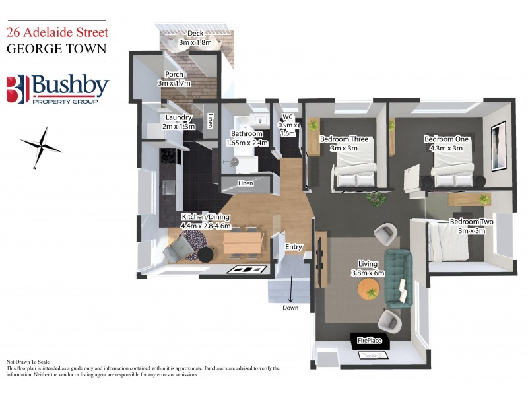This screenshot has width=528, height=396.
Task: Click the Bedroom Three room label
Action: coord(343,139)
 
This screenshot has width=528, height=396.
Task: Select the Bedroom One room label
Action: coord(446,139)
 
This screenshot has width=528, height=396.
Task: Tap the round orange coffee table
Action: coord(370,288)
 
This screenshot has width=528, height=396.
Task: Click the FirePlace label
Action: coord(370,341)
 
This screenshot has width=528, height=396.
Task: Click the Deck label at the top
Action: coord(195,33)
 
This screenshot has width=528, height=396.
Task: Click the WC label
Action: coord(287,117)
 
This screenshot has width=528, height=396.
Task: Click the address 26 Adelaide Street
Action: coord(57,31)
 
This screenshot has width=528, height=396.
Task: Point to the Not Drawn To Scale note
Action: coord(28,362)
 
